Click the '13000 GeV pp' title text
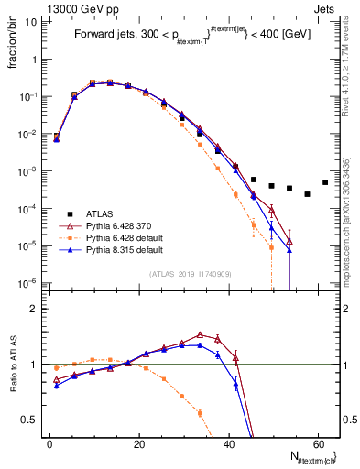[x=42, y=7]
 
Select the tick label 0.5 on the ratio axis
[x=31, y=420]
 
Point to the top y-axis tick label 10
[x=30, y=20]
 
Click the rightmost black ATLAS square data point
[x=325, y=182]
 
